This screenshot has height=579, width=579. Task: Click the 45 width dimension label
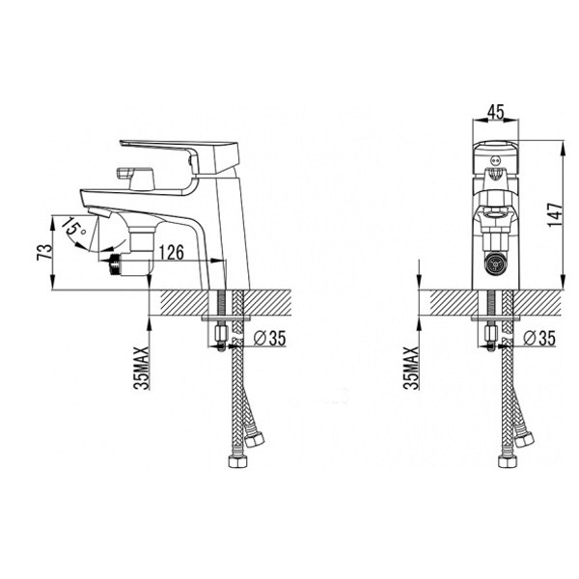point(495,112)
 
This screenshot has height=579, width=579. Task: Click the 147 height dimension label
point(556,214)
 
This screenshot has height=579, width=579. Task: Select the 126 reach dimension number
point(171,252)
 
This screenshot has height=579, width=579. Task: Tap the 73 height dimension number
point(44,252)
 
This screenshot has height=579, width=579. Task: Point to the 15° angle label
point(74,227)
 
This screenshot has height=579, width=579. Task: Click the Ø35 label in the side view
point(270,338)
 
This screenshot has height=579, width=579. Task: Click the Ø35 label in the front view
point(539,338)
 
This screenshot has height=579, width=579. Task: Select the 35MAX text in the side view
point(142,368)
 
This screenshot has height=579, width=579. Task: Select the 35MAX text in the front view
point(412,368)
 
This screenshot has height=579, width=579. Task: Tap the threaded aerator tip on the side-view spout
point(116,264)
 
